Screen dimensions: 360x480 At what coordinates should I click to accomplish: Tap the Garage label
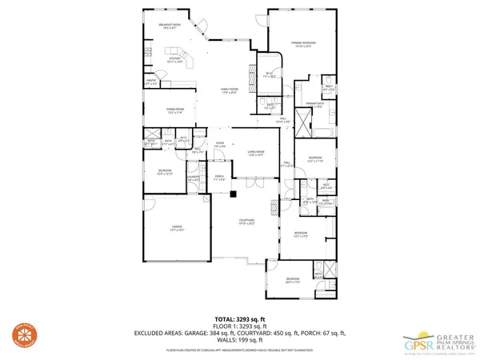tap(178, 229)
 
